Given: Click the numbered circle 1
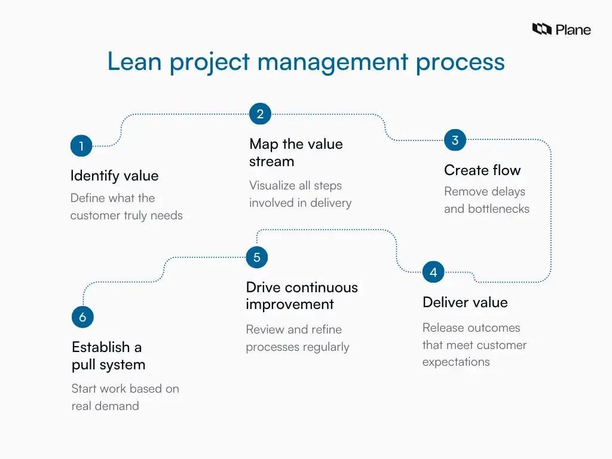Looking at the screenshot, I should (x=81, y=146).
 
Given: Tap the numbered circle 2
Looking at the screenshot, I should (x=260, y=114).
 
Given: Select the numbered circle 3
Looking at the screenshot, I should (x=455, y=140).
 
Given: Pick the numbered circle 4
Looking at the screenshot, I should (x=433, y=273).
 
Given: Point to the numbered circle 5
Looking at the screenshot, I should (x=257, y=258).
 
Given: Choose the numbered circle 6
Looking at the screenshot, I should (x=82, y=317).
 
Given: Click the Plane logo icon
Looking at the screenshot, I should (x=541, y=29).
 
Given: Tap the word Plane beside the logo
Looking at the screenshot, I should (x=573, y=29).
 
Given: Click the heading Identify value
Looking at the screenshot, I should (x=114, y=176).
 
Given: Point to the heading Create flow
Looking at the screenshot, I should (x=482, y=170).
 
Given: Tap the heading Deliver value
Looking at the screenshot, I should (x=465, y=302).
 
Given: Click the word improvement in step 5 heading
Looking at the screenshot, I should (x=290, y=304).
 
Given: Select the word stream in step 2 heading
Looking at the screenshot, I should (x=271, y=161).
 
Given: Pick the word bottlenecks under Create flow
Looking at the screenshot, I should (x=499, y=209).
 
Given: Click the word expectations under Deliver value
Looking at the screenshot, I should (x=456, y=362).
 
